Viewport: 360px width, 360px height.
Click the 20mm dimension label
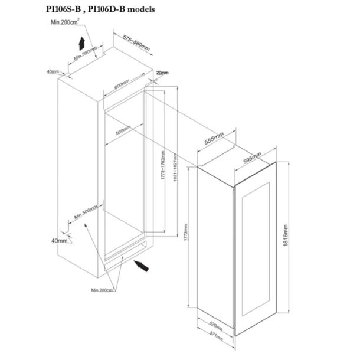point(162,73)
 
